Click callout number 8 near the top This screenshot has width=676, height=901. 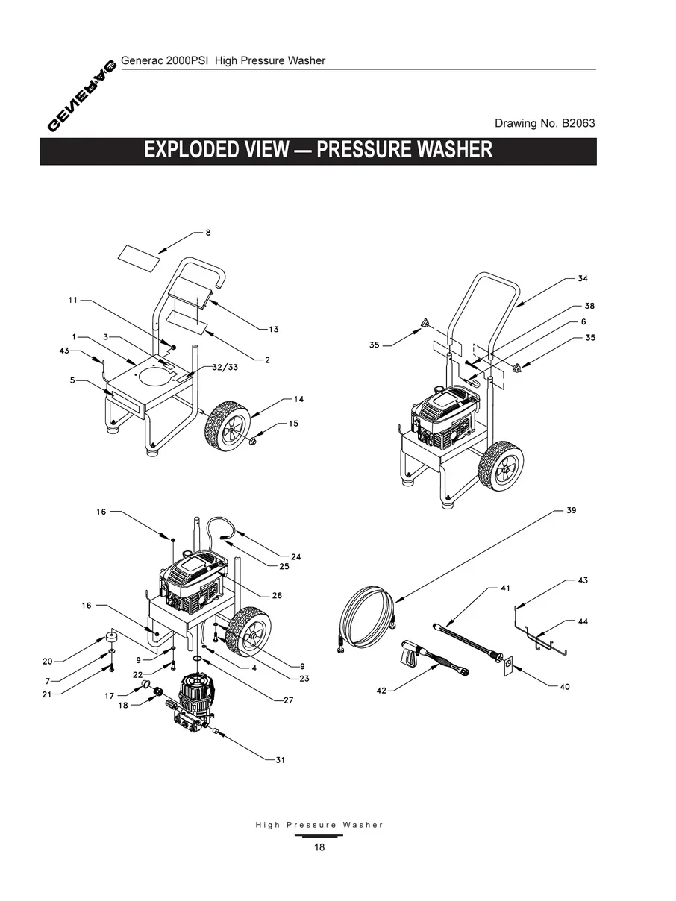(x=208, y=233)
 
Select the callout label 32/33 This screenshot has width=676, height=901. (x=215, y=368)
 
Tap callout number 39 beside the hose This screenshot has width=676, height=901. (x=571, y=511)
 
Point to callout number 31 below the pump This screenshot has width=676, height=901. (x=280, y=760)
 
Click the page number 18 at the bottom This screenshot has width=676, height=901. (x=319, y=847)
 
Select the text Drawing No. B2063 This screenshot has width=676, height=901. (x=545, y=123)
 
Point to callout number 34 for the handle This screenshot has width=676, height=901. (x=582, y=278)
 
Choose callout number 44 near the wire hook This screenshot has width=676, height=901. (x=583, y=621)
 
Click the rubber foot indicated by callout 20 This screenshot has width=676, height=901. (x=113, y=638)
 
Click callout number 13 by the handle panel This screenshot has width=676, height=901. (x=273, y=329)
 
